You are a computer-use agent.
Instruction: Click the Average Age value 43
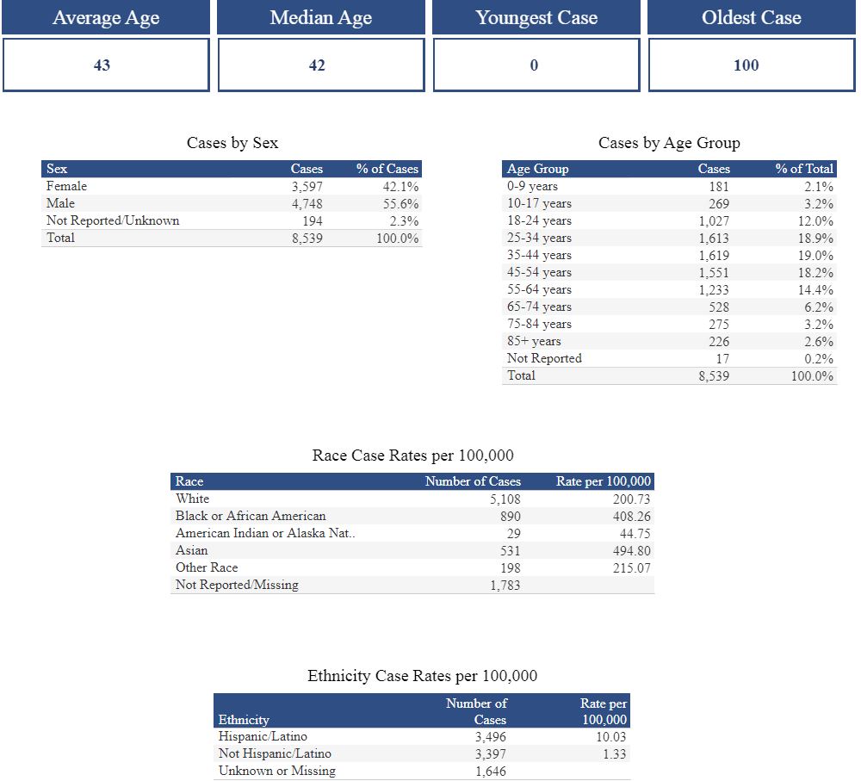point(102,65)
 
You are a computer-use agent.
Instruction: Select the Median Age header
point(320,18)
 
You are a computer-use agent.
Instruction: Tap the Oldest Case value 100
point(746,65)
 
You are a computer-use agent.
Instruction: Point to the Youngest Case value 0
point(534,65)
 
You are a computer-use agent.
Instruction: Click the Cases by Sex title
point(232,143)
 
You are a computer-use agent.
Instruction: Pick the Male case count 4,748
point(307,204)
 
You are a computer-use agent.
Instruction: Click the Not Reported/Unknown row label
point(113,220)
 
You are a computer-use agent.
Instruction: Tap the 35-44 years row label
point(539,255)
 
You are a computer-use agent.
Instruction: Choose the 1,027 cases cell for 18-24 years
point(713,220)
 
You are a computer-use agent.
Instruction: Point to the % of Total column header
point(804,169)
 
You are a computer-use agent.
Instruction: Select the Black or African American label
point(251,516)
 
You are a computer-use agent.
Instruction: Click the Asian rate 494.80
point(631,550)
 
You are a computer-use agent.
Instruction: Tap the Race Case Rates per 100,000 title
point(412,456)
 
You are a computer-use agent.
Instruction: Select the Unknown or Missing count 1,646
point(490,772)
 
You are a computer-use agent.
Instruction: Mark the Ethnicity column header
point(244,720)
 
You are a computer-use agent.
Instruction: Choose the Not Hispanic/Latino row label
point(275,754)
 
